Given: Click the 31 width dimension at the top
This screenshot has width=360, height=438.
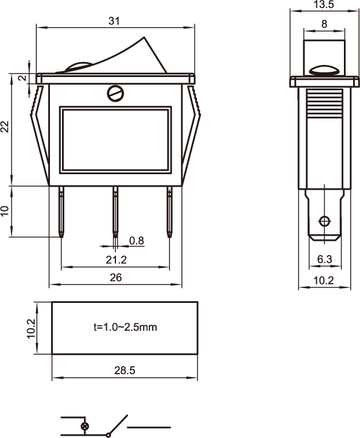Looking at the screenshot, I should pyautogui.click(x=114, y=21).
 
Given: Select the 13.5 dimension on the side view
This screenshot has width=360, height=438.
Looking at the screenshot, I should pyautogui.click(x=324, y=5).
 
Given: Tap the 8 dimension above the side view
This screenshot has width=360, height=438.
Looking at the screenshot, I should pyautogui.click(x=324, y=24).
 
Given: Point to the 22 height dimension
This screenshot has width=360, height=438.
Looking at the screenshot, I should pyautogui.click(x=5, y=127).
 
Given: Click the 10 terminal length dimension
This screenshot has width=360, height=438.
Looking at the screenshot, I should pyautogui.click(x=5, y=211).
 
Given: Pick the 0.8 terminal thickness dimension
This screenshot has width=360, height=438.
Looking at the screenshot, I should pyautogui.click(x=136, y=241).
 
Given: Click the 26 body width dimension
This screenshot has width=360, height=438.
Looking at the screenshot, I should pyautogui.click(x=115, y=278).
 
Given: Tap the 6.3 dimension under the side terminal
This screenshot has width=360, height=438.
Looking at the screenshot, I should pyautogui.click(x=324, y=260).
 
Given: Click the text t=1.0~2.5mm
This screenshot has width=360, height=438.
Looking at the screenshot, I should pyautogui.click(x=125, y=328).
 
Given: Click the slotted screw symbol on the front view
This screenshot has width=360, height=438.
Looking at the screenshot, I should pyautogui.click(x=115, y=93).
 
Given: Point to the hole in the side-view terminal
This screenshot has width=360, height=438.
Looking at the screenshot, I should pyautogui.click(x=324, y=221).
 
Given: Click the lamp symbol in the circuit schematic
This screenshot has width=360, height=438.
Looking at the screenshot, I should pyautogui.click(x=86, y=427).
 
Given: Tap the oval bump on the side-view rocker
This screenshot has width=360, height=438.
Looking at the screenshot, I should pyautogui.click(x=324, y=71).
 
